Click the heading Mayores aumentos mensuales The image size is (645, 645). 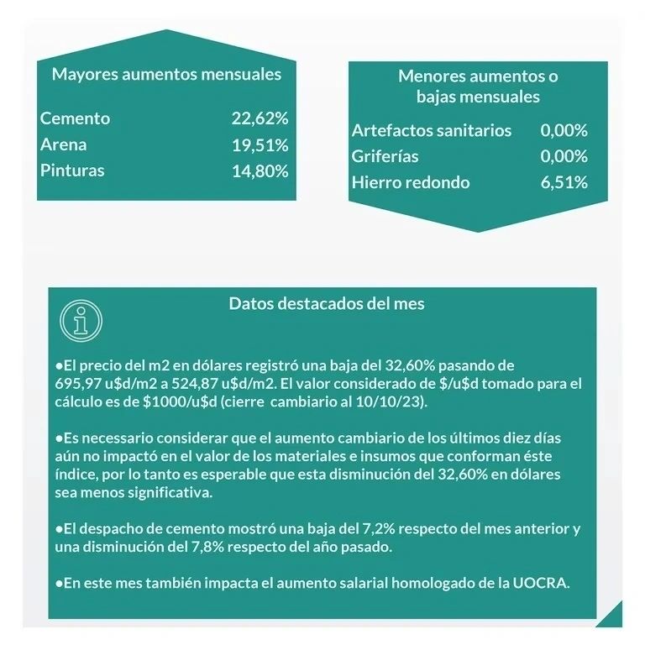[166, 74]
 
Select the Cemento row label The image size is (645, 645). [75, 118]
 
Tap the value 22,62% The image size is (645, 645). [260, 118]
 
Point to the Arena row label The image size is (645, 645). [64, 144]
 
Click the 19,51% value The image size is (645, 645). [260, 144]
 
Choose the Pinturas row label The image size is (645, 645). [72, 170]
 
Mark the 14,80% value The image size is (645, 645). [260, 170]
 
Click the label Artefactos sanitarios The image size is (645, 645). [431, 130]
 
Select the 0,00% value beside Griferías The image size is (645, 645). [564, 156]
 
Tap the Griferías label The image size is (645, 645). [385, 156]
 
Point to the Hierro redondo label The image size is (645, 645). [411, 182]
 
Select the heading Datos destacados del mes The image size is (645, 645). [327, 303]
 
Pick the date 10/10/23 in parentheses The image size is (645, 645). [396, 401]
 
